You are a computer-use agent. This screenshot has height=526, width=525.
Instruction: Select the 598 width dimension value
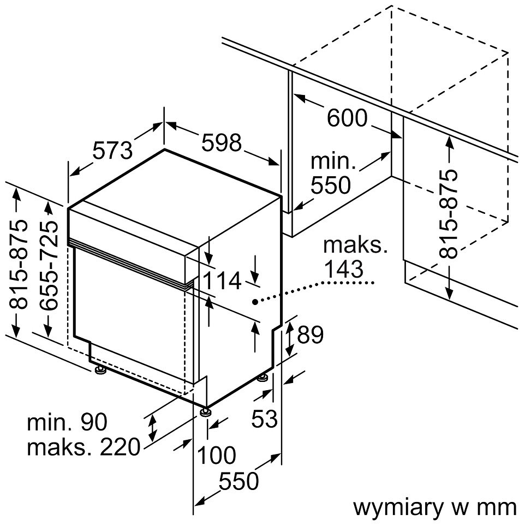(221, 143)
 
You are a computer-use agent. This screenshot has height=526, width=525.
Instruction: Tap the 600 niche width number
(347, 118)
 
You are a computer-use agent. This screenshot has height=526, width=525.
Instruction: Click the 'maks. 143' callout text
(355, 256)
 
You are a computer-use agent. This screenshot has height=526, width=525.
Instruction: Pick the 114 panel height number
(222, 280)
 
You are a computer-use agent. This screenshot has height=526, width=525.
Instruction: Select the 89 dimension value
(310, 334)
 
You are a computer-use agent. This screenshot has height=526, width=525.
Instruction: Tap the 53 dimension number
(265, 419)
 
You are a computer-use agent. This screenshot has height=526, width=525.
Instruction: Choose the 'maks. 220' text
(83, 447)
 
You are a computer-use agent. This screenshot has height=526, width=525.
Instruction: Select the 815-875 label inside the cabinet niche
(450, 213)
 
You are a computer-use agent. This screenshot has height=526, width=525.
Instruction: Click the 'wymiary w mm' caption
(434, 507)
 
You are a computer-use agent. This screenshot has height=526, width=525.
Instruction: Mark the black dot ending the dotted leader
(255, 301)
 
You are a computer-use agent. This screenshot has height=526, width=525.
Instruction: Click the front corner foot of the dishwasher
(205, 412)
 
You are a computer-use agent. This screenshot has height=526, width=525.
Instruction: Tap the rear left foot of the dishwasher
(100, 372)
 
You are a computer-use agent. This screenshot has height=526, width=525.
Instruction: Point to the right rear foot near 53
(263, 378)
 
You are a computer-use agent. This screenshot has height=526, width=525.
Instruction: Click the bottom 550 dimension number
(238, 481)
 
